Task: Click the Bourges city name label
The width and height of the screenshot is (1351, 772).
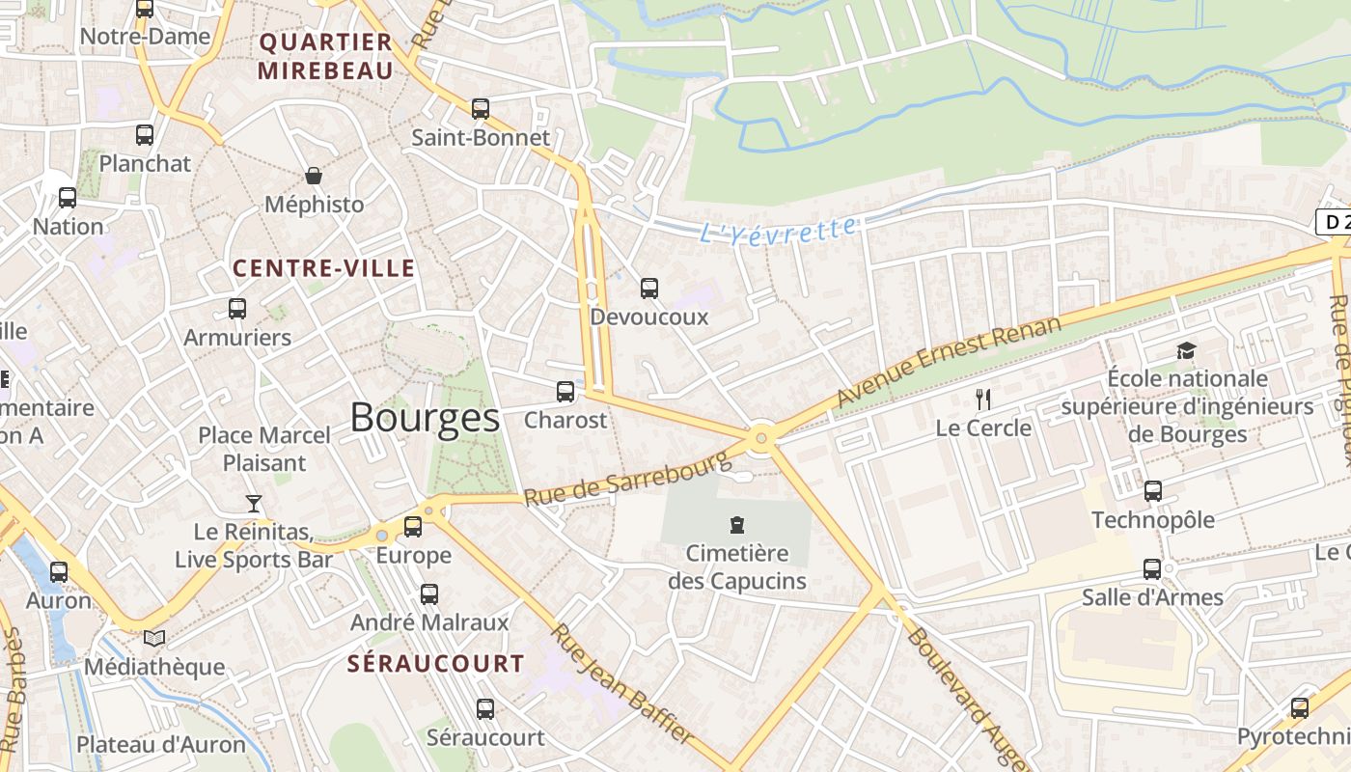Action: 425,418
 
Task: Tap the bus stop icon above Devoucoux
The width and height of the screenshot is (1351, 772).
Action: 649,288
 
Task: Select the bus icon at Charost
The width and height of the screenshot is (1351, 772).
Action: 565,392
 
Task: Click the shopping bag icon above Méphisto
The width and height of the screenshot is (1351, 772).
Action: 314,176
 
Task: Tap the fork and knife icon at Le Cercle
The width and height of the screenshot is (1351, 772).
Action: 983,399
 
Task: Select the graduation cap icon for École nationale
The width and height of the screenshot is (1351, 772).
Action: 1186,350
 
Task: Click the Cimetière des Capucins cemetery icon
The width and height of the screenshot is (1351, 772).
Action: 737,526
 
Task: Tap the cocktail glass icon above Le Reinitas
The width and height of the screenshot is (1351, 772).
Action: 253,503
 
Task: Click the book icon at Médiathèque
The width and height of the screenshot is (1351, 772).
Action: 154,638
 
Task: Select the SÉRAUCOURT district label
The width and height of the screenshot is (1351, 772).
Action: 436,664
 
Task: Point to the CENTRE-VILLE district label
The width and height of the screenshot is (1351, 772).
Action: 324,268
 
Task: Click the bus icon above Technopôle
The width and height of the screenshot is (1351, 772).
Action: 1152,491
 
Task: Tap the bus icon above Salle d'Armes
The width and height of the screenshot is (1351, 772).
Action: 1152,568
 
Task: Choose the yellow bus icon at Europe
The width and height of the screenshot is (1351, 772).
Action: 413,526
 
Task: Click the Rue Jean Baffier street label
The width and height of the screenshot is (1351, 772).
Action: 621,683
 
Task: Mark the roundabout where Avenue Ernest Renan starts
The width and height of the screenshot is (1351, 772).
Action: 762,438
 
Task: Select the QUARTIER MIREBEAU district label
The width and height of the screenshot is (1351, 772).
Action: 326,56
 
